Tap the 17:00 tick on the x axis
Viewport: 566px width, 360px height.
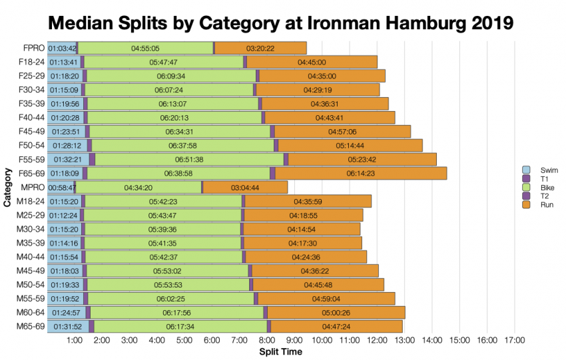coord(515,341)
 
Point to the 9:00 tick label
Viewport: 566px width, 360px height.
coord(294,341)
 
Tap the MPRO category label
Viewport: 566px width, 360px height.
coord(32,188)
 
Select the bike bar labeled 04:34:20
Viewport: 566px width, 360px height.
coord(138,188)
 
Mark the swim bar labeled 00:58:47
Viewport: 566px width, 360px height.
coord(61,188)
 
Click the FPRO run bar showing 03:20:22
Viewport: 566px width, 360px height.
coord(260,49)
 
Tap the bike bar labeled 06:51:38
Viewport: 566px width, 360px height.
coord(189,160)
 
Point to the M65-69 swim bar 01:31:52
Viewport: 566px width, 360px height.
coord(68,327)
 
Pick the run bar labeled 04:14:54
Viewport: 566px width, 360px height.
coord(302,229)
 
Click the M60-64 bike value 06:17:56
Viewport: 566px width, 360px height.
coord(176,313)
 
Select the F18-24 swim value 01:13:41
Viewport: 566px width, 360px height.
coord(63,63)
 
